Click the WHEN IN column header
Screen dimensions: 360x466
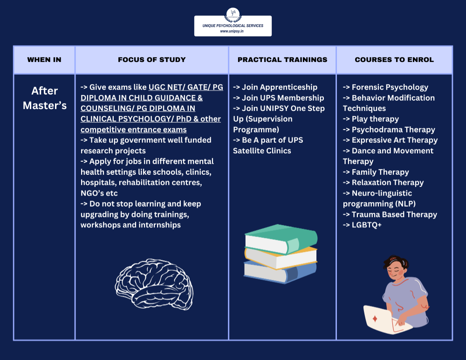(x=44, y=60)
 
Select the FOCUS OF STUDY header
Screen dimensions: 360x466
(x=152, y=60)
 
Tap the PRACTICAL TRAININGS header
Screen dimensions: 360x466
(x=282, y=60)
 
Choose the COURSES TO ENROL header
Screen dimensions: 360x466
(x=394, y=60)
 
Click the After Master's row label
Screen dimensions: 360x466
(x=45, y=98)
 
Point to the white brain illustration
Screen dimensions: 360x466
(x=154, y=284)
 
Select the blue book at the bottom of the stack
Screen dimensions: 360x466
(x=280, y=272)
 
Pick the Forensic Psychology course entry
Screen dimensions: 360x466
(x=385, y=87)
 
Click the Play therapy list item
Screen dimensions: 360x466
(x=371, y=119)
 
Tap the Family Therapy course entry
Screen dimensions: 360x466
(x=376, y=172)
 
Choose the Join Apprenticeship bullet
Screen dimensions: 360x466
(x=275, y=87)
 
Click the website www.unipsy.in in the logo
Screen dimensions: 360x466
(x=233, y=31)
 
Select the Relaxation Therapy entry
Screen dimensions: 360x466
(x=383, y=183)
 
